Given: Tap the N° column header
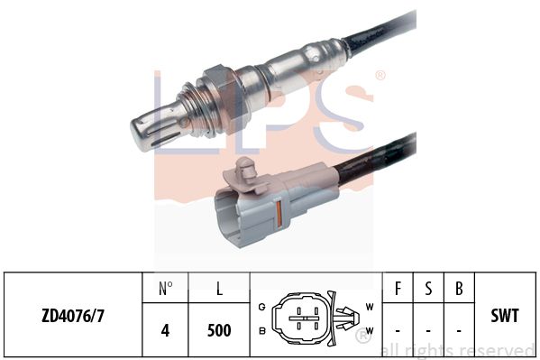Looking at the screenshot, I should [165, 290].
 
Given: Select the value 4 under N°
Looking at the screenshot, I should [165, 330].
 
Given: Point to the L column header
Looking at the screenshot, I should [219, 290].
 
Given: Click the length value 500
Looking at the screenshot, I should [219, 330].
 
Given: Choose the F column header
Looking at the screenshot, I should [399, 290].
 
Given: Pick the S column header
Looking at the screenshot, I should [429, 290].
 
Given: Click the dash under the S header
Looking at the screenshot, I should [429, 330].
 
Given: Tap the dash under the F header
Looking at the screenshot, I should [399, 330].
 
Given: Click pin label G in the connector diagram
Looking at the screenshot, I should [262, 307].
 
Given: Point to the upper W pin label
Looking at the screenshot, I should [369, 307].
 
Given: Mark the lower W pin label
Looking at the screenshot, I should [369, 329].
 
